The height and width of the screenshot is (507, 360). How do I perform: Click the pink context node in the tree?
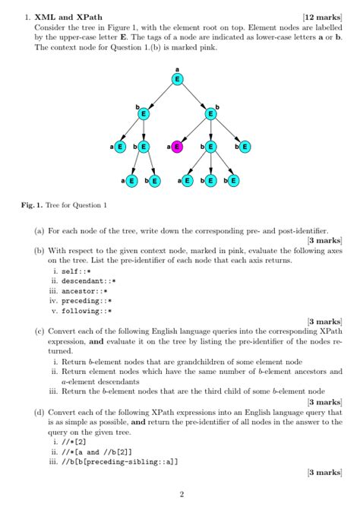point(177,147)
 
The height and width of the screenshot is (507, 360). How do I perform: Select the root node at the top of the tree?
point(177,78)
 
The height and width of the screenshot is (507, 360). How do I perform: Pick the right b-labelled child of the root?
point(211,114)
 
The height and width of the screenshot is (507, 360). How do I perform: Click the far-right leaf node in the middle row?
point(245,147)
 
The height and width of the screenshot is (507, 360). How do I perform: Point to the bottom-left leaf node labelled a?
point(131,181)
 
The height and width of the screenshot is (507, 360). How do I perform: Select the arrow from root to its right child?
point(194,97)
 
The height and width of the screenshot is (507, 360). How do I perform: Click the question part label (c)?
point(39,331)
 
